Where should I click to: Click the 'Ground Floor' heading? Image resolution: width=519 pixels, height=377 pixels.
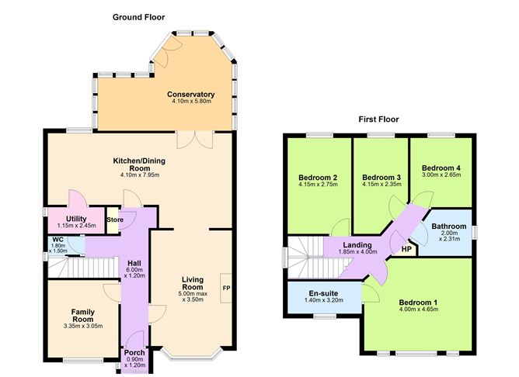(x=138, y=17)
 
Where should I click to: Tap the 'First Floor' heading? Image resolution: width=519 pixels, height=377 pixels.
(x=379, y=119)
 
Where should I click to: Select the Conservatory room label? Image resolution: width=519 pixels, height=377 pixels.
(x=190, y=95)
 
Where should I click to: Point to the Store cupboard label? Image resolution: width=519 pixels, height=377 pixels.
(x=114, y=219)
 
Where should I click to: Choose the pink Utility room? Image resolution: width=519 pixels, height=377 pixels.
(x=75, y=220)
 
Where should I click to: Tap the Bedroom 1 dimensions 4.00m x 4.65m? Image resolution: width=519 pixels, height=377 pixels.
(x=418, y=310)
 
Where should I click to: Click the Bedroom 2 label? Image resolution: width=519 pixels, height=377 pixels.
(x=317, y=176)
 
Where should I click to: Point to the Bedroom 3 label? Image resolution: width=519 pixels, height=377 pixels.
(x=381, y=176)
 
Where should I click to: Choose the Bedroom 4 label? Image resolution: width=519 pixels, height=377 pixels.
(x=441, y=168)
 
